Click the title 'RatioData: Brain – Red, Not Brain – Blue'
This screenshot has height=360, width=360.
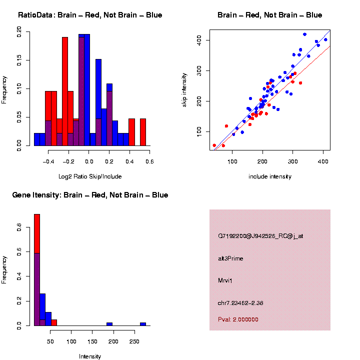point(90,15)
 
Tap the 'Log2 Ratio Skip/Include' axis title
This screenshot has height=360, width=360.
point(90,176)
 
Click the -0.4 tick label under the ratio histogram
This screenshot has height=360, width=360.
point(48,161)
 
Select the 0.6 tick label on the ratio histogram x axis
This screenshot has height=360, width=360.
point(149,161)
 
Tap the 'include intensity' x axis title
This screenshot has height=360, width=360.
point(270,176)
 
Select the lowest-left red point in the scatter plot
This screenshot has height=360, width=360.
point(214,145)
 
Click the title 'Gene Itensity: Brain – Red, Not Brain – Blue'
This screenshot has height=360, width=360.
point(90,195)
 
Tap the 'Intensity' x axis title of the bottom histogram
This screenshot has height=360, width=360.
point(90,356)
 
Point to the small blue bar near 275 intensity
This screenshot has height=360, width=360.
point(143,324)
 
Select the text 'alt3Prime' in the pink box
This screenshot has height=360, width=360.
point(230,258)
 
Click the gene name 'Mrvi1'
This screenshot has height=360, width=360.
point(225,280)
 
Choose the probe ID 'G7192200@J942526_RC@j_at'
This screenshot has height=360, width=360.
point(260,236)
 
